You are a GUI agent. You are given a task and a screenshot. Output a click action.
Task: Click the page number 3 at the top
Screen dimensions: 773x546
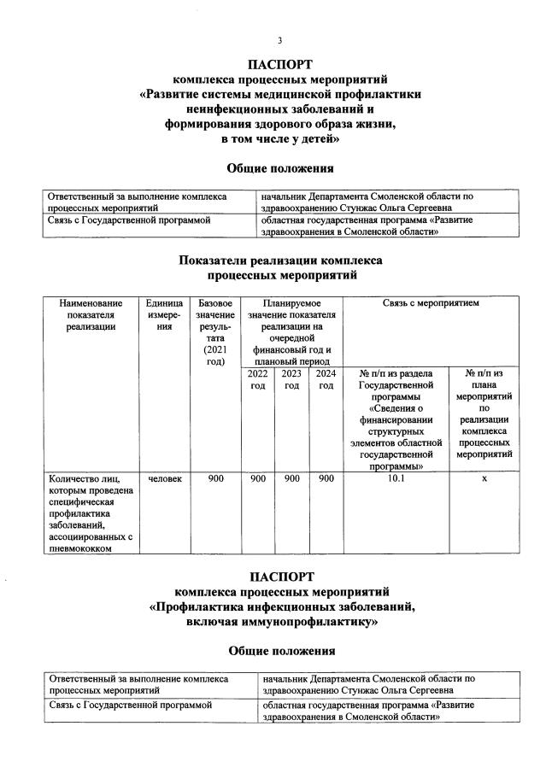(279, 40)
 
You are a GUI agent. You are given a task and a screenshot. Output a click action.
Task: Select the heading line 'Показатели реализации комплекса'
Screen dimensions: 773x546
(279, 261)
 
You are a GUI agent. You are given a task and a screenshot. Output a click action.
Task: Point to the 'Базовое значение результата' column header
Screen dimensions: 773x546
(215, 332)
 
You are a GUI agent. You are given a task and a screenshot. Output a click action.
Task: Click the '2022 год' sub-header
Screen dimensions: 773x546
(257, 379)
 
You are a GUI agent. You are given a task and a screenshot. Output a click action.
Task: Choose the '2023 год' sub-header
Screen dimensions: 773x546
(291, 379)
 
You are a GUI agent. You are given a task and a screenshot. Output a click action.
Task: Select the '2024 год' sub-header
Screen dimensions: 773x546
(326, 379)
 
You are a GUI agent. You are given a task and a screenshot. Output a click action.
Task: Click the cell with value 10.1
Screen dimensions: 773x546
(396, 478)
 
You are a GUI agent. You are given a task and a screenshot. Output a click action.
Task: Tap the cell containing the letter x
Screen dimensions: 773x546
(484, 478)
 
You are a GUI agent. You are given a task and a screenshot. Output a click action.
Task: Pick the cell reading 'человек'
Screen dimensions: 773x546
(164, 478)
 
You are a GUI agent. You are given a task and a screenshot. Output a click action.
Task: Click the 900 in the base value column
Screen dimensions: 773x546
(215, 478)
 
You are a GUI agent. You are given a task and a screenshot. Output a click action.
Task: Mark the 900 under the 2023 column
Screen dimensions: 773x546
(291, 478)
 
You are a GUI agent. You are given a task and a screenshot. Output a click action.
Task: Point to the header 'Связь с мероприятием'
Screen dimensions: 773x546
(431, 302)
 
